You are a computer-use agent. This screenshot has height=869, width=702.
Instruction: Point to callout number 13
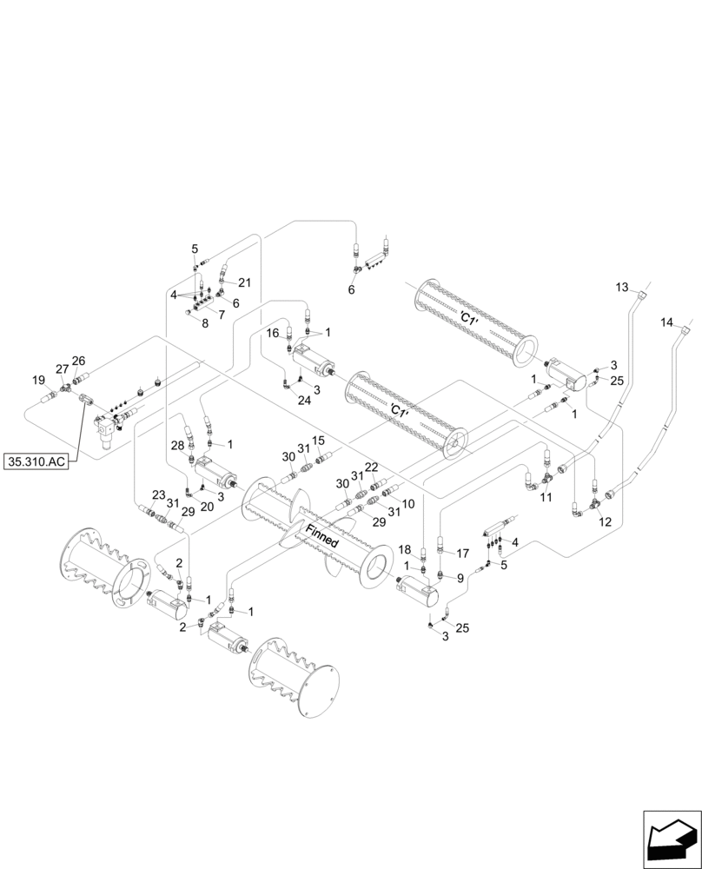tap(621, 287)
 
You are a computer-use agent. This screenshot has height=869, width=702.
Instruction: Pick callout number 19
tap(38, 380)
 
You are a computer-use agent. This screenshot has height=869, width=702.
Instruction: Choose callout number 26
tap(78, 361)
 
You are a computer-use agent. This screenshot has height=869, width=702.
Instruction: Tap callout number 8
tap(205, 323)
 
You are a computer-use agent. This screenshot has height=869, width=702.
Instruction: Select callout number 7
tap(222, 314)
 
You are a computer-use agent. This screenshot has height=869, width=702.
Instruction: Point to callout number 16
tap(272, 333)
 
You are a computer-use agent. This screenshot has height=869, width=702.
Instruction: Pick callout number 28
tap(177, 446)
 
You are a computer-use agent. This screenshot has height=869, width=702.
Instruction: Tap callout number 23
tap(158, 495)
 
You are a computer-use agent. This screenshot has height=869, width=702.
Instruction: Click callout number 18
tap(405, 550)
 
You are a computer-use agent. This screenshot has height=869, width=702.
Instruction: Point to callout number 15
tap(319, 440)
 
